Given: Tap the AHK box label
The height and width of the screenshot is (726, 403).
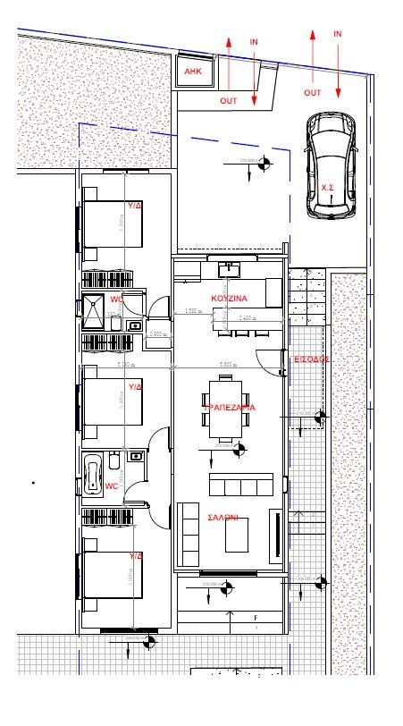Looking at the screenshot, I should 193,71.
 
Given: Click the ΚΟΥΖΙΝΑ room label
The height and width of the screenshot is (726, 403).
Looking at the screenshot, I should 229,298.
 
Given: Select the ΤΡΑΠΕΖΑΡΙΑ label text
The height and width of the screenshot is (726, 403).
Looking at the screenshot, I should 229,407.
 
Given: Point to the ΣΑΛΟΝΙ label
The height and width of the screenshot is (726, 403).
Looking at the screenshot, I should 222,518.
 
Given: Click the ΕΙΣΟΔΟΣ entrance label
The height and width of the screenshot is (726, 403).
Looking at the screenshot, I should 313,359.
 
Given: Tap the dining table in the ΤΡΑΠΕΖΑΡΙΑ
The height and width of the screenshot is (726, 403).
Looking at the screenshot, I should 225,409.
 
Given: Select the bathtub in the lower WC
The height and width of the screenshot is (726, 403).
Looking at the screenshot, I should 92,473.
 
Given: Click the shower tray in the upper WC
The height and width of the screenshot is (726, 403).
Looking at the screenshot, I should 94,308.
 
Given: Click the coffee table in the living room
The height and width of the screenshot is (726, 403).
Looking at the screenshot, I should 237,536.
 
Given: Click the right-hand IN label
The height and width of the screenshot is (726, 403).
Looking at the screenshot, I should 338,33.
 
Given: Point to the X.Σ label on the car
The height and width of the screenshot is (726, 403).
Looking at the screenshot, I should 328,187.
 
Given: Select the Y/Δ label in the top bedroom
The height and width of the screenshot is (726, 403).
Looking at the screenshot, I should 135,205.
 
